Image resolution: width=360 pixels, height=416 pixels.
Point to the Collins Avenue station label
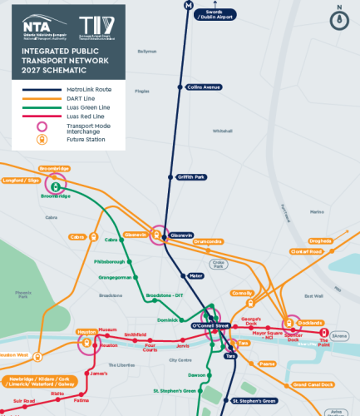tap(205, 87)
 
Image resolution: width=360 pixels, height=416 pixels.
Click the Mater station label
tap(195, 275)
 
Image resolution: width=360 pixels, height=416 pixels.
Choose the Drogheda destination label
tap(319, 241)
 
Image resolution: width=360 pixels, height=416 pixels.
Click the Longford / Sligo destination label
tap(23, 179)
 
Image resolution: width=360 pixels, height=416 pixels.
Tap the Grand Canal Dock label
tap(313, 384)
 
